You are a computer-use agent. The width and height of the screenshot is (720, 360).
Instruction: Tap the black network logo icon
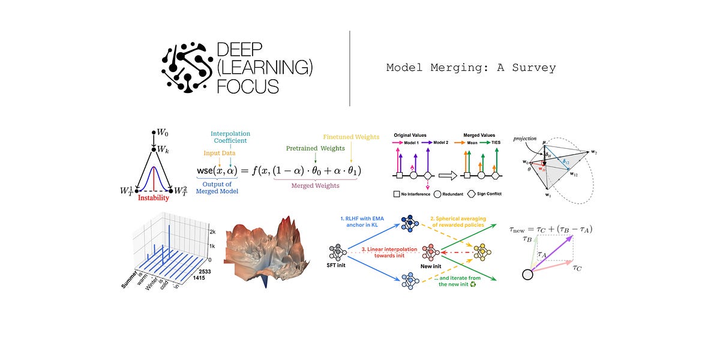tap(187, 67)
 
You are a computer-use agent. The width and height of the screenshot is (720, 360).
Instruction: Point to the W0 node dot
tap(154, 131)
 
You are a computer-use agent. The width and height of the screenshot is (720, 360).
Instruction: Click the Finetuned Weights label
tap(351, 137)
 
